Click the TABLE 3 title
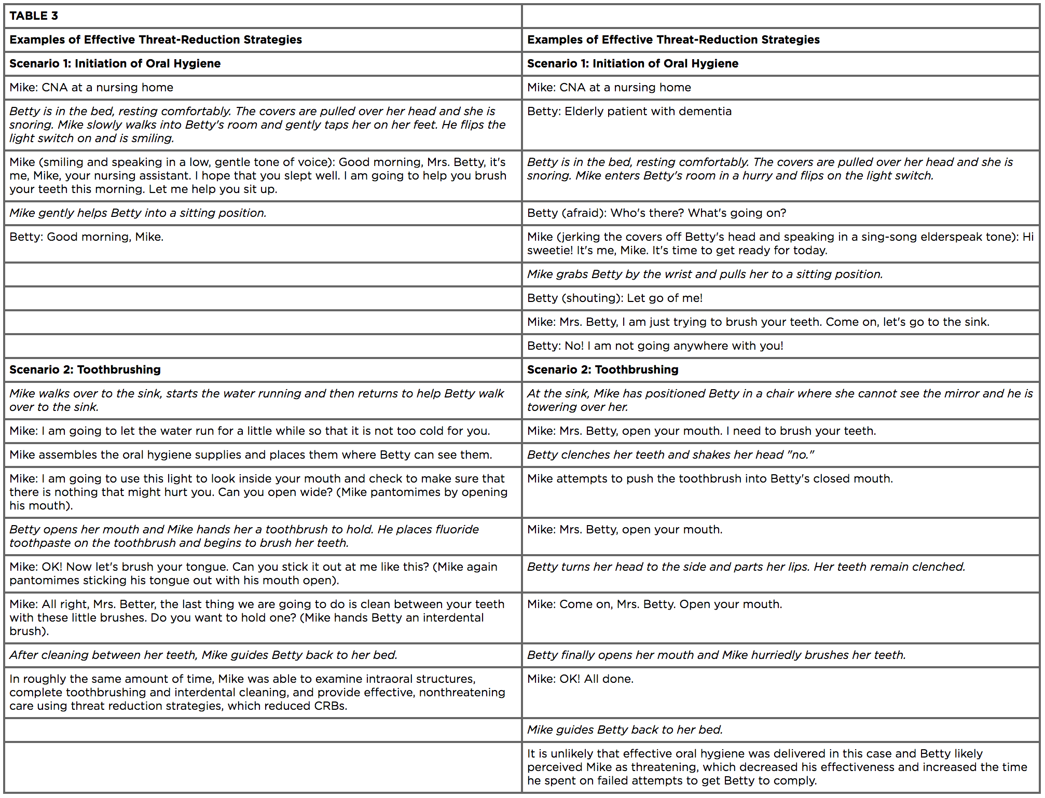tap(34, 16)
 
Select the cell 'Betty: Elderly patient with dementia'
tap(629, 111)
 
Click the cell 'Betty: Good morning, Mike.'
tap(86, 237)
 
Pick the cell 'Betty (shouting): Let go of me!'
tap(614, 298)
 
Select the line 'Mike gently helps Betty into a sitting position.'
tap(137, 213)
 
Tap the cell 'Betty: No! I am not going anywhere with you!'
tap(655, 346)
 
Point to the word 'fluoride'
tap(457, 529)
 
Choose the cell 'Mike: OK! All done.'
tap(580, 679)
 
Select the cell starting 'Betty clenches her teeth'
tap(670, 455)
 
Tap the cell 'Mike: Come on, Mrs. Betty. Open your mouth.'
tap(654, 604)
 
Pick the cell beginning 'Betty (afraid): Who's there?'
tap(656, 213)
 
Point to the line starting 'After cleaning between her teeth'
tap(203, 655)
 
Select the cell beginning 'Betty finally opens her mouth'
tap(716, 655)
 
